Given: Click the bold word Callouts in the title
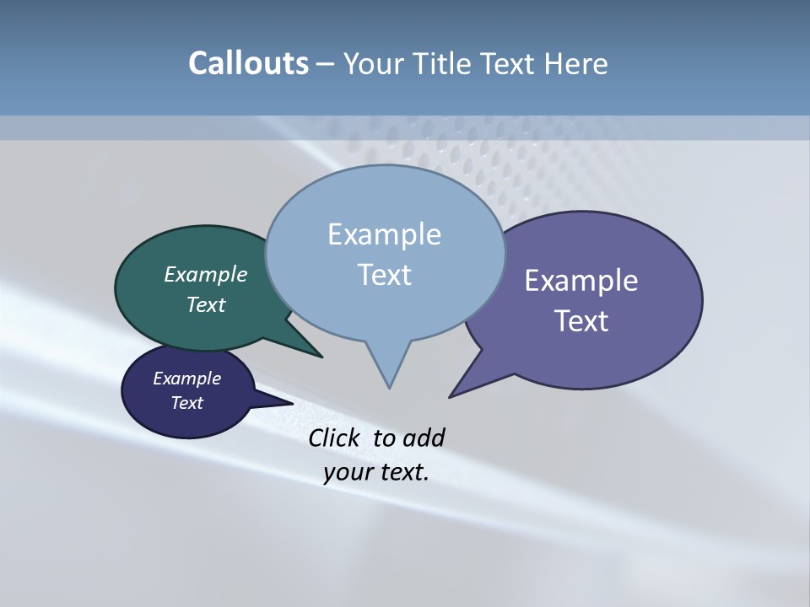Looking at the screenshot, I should click(x=248, y=63).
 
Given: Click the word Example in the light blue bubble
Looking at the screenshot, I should click(x=384, y=234).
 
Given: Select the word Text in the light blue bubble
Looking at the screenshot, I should click(x=384, y=275).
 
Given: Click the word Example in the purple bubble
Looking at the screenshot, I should click(x=581, y=281).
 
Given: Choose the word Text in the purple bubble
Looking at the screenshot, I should click(x=581, y=321).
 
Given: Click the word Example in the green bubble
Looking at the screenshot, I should click(x=206, y=274).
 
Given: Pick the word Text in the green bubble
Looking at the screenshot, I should click(x=206, y=304).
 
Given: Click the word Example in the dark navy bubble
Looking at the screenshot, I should click(x=186, y=379).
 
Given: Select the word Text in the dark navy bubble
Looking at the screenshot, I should click(x=186, y=403).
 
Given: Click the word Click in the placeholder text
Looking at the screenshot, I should click(x=332, y=438).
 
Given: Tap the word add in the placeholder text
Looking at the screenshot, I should click(x=424, y=438).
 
